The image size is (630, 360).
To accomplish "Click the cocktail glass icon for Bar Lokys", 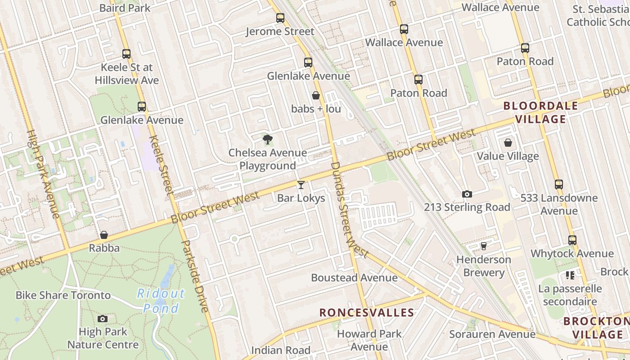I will click(x=301, y=184).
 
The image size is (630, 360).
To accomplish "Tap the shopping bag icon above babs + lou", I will click(x=316, y=95).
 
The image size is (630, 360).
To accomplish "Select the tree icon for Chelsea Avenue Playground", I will click(x=268, y=139).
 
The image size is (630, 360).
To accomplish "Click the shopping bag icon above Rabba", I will click(x=104, y=235).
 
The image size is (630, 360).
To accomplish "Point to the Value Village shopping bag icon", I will click(x=508, y=143).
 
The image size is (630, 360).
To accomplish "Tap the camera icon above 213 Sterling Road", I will click(x=467, y=194).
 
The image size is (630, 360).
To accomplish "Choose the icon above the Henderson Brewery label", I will click(x=484, y=246).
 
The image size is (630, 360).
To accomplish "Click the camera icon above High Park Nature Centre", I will click(x=103, y=319).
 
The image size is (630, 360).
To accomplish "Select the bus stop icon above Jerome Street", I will click(x=280, y=18).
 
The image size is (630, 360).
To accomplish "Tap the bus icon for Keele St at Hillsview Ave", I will click(x=126, y=54).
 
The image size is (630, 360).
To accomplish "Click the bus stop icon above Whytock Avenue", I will click(x=572, y=240).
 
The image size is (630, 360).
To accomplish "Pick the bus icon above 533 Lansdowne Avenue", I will click(x=559, y=184).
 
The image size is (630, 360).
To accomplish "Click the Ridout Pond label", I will click(x=161, y=301).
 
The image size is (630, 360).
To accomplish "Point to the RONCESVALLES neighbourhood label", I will click(x=367, y=312).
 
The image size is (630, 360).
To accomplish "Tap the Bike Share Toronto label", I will click(x=63, y=295).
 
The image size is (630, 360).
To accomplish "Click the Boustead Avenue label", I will click(x=354, y=278).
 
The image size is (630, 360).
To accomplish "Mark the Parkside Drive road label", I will click(x=195, y=276).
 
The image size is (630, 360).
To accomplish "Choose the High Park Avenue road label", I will click(x=43, y=174).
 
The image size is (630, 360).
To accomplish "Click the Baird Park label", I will click(x=125, y=8).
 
